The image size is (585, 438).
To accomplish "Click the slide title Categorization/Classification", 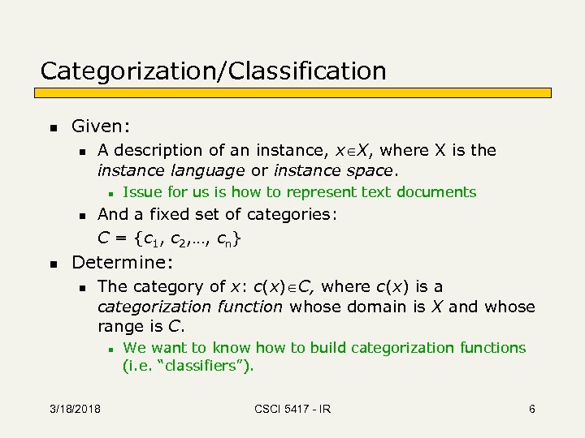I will (213, 71).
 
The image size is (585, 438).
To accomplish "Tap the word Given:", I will (101, 127).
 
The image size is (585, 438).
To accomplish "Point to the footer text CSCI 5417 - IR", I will (292, 409).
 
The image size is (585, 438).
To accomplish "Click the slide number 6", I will (531, 409).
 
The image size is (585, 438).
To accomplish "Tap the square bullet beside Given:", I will (53, 127).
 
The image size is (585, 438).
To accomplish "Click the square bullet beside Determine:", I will (53, 264).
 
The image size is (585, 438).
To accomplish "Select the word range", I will (119, 327).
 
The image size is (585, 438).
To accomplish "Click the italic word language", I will (205, 170).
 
